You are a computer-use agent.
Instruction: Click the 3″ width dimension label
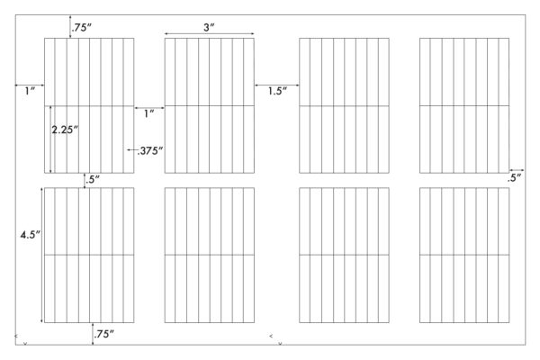(x=209, y=27)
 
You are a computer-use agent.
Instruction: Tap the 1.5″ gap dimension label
(x=277, y=91)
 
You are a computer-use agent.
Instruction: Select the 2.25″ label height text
(x=65, y=130)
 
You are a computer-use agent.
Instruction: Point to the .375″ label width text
(x=149, y=151)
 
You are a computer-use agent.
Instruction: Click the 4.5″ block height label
(x=31, y=235)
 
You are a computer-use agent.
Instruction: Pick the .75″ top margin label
(x=82, y=28)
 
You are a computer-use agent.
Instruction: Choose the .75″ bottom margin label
(x=104, y=334)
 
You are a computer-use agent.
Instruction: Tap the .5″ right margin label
(x=514, y=178)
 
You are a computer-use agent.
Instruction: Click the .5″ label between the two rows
(x=93, y=179)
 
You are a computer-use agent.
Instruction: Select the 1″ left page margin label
(x=31, y=91)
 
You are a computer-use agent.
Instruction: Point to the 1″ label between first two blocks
(x=149, y=113)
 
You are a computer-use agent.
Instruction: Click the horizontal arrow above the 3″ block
(x=210, y=34)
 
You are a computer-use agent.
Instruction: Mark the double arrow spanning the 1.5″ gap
(x=277, y=85)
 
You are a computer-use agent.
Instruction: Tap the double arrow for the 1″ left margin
(x=30, y=85)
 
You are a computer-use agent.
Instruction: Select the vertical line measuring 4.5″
(x=42, y=255)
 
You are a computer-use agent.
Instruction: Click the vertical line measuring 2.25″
(x=51, y=139)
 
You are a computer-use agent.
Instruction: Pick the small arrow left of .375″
(x=131, y=150)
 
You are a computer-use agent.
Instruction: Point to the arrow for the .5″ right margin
(x=517, y=170)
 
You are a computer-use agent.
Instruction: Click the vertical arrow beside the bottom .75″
(x=93, y=334)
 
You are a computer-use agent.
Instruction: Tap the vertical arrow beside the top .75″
(x=70, y=26)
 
